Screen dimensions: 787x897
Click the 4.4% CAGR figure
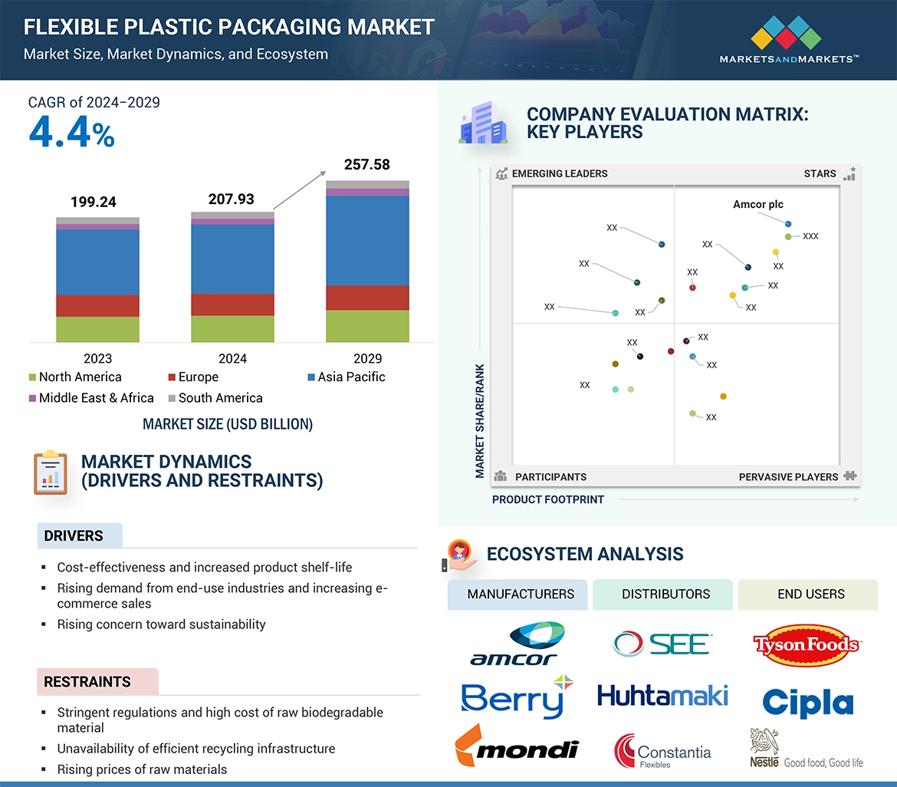click(71, 132)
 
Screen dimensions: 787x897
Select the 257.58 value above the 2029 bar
click(366, 164)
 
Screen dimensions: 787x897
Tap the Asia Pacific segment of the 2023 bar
click(97, 262)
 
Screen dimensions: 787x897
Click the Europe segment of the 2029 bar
click(367, 298)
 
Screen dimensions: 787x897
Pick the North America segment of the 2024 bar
click(232, 328)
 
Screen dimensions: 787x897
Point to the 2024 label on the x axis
click(232, 358)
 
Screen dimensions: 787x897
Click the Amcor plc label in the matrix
click(758, 205)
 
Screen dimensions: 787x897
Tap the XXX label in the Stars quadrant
click(810, 236)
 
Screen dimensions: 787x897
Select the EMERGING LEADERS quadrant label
click(559, 173)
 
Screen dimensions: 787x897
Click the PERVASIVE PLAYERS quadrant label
click(788, 477)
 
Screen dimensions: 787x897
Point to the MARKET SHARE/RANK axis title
click(480, 420)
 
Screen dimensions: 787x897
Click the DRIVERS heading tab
click(74, 536)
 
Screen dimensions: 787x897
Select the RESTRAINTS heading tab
click(87, 682)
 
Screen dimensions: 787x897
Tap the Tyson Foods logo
click(807, 644)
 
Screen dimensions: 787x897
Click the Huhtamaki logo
click(662, 696)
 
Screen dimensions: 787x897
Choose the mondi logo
click(517, 746)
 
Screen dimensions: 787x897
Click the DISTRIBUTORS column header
click(665, 594)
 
